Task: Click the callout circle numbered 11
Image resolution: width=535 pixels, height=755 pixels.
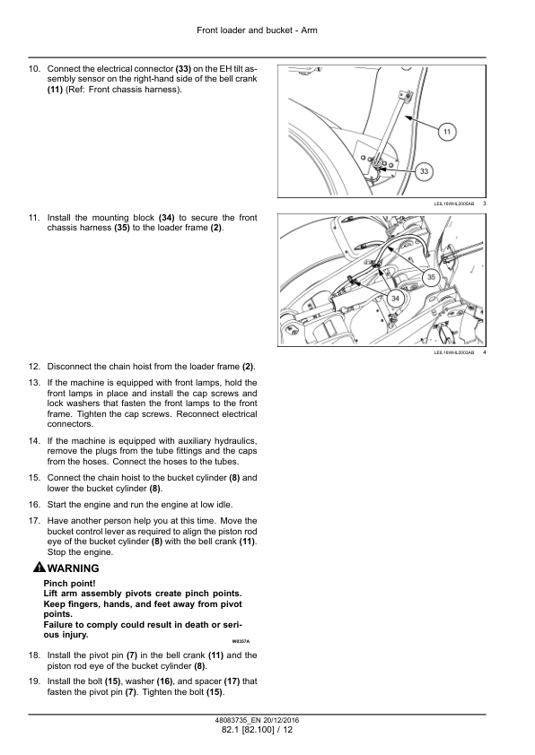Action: [447, 132]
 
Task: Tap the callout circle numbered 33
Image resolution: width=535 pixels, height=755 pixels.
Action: [425, 171]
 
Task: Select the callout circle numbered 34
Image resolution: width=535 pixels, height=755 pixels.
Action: [395, 299]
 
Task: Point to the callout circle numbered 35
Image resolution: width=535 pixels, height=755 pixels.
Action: [431, 277]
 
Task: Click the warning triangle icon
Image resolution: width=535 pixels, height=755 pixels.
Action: [39, 568]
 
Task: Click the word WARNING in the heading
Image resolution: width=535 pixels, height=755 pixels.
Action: [74, 568]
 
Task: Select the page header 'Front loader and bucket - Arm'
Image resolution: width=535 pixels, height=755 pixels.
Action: [257, 30]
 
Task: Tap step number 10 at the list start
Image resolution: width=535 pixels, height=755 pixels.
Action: [34, 69]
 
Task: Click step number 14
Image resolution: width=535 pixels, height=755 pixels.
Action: [34, 441]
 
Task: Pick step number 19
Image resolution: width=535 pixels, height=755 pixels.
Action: [34, 681]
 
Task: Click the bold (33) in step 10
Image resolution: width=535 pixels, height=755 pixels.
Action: [183, 69]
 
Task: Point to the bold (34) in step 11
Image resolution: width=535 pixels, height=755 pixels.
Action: [166, 218]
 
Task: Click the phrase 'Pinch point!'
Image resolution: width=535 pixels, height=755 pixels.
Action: [69, 584]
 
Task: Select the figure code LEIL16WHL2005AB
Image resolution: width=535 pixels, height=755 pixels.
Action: [454, 204]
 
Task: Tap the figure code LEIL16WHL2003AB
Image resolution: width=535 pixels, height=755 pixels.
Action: [454, 352]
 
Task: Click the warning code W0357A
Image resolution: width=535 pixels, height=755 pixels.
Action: [241, 641]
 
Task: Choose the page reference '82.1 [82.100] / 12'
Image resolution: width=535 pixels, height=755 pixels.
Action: [257, 730]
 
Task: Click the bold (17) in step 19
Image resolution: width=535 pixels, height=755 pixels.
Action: [232, 681]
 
